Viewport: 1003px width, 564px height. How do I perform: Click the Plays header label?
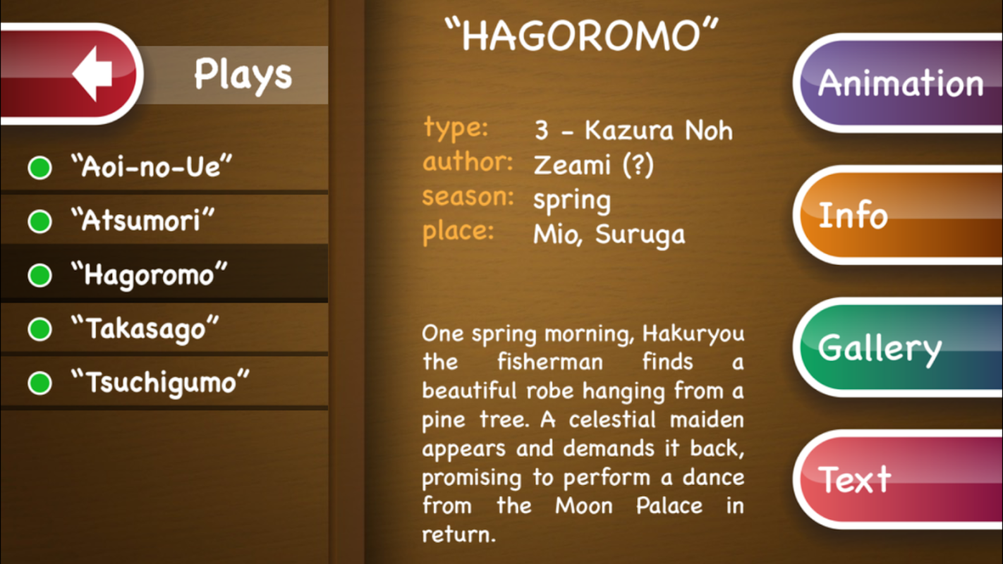[x=243, y=75]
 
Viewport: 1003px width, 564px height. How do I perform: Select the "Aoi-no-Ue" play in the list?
[x=152, y=166]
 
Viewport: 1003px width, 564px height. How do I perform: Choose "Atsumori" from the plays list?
[x=142, y=220]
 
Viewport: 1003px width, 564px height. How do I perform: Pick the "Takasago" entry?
[x=145, y=329]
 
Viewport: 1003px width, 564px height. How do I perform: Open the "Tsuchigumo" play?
[x=160, y=383]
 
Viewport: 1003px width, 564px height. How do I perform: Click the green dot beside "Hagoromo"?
[x=39, y=275]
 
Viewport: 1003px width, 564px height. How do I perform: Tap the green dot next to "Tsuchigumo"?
[x=39, y=383]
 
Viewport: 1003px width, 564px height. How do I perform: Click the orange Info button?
[x=898, y=215]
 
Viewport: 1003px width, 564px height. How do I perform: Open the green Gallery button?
[x=898, y=348]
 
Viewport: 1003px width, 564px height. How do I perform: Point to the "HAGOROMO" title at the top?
[x=581, y=35]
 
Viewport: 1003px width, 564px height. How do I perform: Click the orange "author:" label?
[x=468, y=161]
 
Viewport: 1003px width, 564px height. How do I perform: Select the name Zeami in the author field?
[x=572, y=165]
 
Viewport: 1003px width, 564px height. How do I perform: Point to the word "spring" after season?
[x=572, y=200]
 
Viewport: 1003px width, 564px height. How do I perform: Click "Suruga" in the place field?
[x=640, y=234]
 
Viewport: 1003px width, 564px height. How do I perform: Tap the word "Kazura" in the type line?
[x=628, y=130]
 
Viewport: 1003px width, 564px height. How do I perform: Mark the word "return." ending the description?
[x=458, y=534]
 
